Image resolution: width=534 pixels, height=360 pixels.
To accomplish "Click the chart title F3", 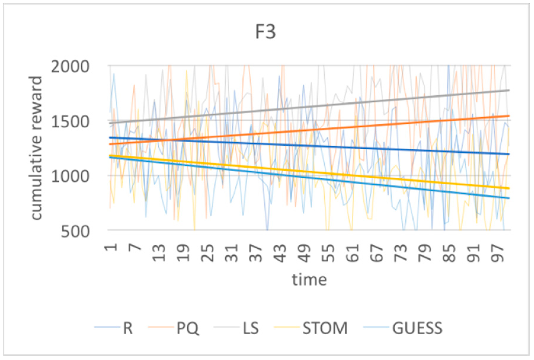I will (265, 32).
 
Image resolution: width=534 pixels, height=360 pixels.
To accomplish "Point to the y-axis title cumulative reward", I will (36, 148).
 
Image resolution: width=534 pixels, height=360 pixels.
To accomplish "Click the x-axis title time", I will (309, 280).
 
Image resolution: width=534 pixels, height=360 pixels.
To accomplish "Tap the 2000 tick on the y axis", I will (70, 67).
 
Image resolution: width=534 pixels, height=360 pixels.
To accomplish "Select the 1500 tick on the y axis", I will (70, 122).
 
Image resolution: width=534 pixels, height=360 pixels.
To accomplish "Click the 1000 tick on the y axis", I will (70, 177).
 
